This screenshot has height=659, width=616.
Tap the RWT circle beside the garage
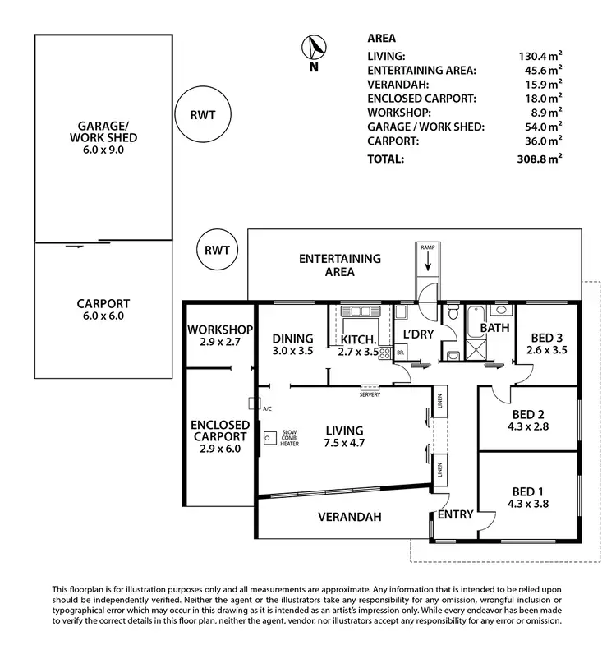click(200, 116)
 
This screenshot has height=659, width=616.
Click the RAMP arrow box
click(428, 261)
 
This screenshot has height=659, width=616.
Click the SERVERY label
click(370, 393)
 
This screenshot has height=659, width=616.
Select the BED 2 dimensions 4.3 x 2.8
click(527, 428)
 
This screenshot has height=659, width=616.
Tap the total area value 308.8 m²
click(540, 159)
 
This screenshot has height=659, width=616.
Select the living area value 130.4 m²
click(540, 56)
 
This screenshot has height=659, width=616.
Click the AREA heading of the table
click(381, 38)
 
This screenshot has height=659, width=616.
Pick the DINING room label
click(292, 338)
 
